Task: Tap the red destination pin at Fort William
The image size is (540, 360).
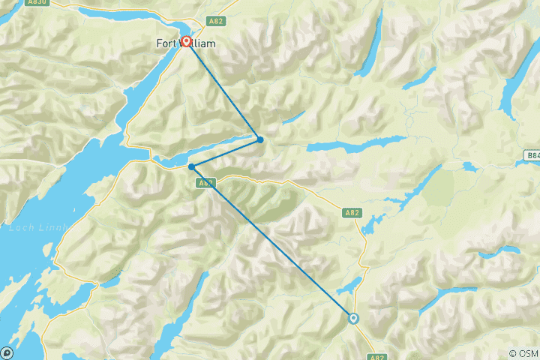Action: (185, 43)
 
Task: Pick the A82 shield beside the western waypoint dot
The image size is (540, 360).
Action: (207, 182)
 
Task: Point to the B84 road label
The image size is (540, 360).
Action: (532, 155)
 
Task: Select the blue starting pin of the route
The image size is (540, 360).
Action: (353, 319)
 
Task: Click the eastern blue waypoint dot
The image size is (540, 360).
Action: (260, 139)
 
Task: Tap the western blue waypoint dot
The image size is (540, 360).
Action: (192, 166)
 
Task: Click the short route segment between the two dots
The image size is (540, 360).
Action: (226, 153)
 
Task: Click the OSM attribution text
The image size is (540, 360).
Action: (523, 353)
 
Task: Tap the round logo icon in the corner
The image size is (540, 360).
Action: (7, 352)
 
